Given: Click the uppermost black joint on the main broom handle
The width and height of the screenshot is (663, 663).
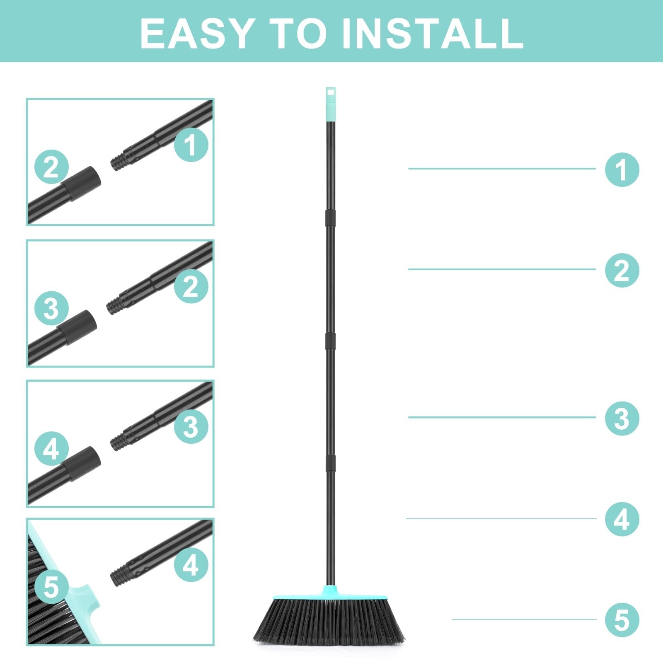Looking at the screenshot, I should (330, 216).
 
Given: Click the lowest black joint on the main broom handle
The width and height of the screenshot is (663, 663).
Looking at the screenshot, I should (330, 462).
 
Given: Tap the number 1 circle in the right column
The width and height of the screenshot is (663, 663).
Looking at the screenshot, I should (622, 169).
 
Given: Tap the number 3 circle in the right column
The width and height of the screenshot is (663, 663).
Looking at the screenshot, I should (622, 418).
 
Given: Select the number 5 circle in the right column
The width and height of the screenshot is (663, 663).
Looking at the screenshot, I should (622, 620).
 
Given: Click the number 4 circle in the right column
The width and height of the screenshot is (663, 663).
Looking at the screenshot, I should (622, 519).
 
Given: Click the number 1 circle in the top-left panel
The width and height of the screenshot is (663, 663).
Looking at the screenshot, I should (191, 145).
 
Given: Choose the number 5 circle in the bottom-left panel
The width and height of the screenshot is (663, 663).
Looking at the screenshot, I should (51, 587).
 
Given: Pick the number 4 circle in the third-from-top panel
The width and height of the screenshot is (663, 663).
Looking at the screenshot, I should (51, 448).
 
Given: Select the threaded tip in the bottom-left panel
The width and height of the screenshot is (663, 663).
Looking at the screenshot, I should (119, 576).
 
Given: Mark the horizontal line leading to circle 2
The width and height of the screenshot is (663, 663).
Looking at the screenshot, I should (501, 269).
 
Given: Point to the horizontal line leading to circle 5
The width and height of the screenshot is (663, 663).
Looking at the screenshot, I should (524, 619).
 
